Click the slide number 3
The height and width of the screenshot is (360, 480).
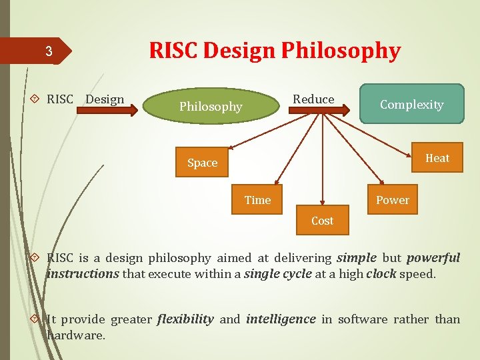coord(48,51)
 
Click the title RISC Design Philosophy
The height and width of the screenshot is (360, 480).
coord(275,51)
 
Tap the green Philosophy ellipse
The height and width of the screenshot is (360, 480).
coord(211,107)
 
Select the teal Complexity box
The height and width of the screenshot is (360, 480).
coord(411,104)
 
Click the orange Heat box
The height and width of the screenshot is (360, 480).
coord(437,158)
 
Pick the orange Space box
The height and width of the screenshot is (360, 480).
coord(202,163)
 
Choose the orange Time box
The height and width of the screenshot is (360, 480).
coord(257,200)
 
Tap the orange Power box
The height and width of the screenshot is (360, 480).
coord(393,200)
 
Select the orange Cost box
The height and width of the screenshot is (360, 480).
coord(322,221)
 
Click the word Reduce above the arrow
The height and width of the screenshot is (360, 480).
coord(313,99)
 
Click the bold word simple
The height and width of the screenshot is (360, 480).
coord(357,258)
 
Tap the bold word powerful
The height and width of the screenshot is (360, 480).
coord(433,258)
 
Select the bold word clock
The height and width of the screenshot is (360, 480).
coord(381,274)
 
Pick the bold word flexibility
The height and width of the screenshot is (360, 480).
coord(185,319)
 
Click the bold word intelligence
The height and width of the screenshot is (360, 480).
coord(281,319)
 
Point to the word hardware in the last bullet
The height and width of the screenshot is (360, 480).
coord(75,335)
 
